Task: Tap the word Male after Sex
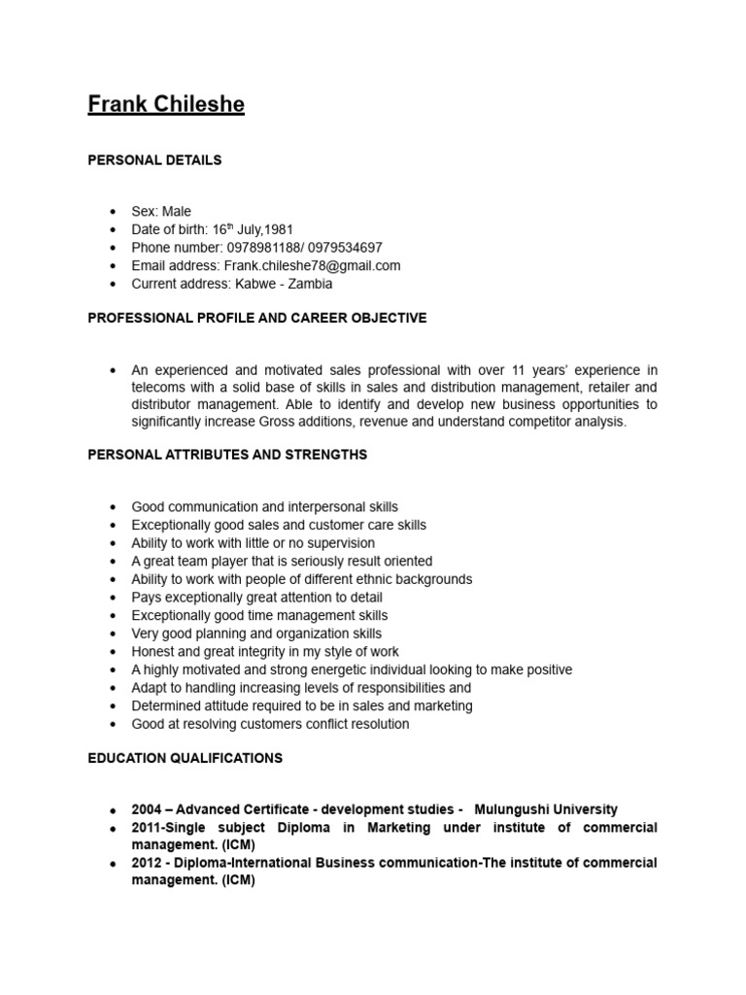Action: click(x=176, y=211)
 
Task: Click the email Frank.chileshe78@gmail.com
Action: click(x=312, y=265)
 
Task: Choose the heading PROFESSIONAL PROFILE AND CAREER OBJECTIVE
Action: click(x=256, y=318)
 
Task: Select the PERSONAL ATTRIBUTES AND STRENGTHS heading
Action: click(x=227, y=455)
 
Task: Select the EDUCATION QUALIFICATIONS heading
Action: click(x=185, y=757)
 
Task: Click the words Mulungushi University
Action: click(x=545, y=809)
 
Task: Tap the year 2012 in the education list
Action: click(x=148, y=863)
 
